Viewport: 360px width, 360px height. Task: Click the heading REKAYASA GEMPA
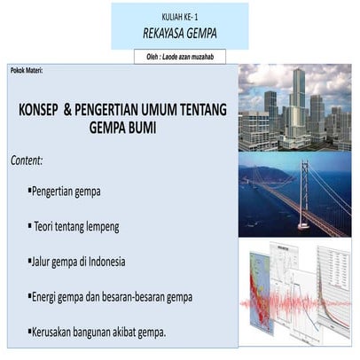click(179, 34)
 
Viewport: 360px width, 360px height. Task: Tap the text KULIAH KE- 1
click(179, 17)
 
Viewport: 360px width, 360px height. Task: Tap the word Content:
click(27, 162)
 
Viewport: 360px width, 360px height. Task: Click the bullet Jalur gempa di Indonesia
click(78, 262)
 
